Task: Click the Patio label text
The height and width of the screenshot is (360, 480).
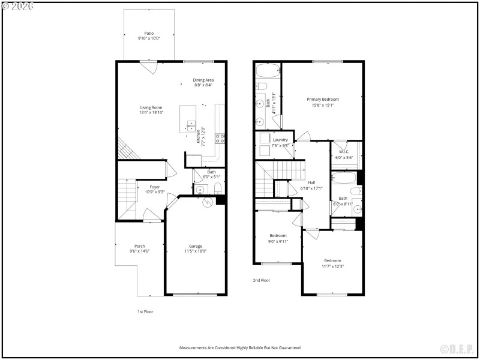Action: click(148, 34)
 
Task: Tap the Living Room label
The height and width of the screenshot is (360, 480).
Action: click(151, 107)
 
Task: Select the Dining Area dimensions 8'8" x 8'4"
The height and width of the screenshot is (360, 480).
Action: click(203, 85)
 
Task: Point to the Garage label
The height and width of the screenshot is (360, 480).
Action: click(196, 246)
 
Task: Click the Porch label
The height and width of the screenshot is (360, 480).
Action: click(139, 246)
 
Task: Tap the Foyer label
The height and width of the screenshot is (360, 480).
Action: click(155, 187)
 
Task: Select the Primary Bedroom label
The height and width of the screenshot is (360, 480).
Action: click(323, 99)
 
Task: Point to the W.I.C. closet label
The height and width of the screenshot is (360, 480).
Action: click(344, 151)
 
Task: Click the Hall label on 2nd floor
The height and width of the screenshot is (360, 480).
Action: click(311, 182)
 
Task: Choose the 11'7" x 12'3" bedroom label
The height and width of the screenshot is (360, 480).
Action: click(332, 260)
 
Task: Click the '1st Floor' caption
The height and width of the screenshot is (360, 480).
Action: click(145, 311)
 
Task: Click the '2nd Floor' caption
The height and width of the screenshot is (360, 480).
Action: click(261, 280)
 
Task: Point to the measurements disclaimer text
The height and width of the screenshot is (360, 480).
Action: click(239, 347)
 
